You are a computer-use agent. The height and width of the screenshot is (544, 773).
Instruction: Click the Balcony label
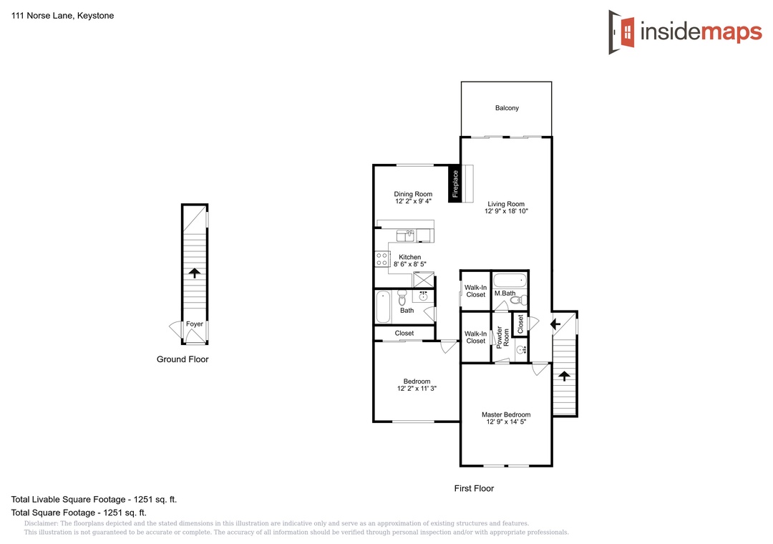point(507,108)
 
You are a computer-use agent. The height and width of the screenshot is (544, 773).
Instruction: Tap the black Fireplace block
point(454,183)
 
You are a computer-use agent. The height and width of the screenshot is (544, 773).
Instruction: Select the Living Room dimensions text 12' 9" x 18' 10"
point(506,211)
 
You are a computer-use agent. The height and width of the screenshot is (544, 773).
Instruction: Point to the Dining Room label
point(413,194)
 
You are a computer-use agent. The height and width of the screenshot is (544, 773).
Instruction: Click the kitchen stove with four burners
point(381,259)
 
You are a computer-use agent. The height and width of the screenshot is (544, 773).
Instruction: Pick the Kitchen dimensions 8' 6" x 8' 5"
point(409,264)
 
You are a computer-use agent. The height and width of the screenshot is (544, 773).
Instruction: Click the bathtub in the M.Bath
point(510,280)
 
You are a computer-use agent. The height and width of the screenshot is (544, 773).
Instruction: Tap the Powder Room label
point(502,337)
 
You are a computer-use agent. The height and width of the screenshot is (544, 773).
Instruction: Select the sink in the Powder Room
point(520,350)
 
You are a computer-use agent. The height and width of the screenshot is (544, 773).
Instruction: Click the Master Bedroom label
point(506,414)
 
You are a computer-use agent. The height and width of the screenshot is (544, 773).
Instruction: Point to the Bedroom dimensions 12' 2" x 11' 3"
point(417,389)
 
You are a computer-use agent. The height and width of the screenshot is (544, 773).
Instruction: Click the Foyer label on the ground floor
point(194,324)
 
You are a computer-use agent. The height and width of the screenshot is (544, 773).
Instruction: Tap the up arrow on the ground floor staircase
point(195,273)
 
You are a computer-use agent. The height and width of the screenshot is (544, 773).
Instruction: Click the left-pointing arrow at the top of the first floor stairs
point(555,324)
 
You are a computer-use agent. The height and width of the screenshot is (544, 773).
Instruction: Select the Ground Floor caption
point(183,359)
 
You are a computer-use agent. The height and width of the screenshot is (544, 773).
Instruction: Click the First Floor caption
point(474,488)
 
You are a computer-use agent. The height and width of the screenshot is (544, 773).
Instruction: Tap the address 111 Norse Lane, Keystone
point(62,16)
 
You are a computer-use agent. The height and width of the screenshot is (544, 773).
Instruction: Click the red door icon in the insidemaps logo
point(626,32)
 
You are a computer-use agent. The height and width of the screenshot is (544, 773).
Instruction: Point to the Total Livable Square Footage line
point(94,500)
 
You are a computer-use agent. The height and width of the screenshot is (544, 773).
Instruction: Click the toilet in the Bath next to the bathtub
point(402,297)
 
